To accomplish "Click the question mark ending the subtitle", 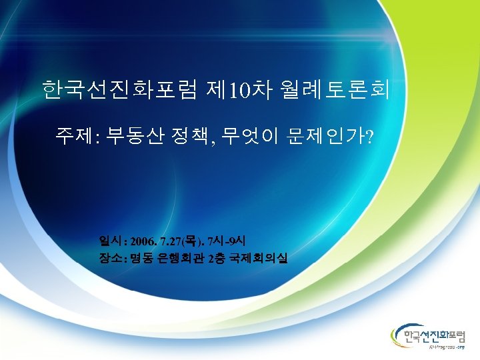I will (371, 138).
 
